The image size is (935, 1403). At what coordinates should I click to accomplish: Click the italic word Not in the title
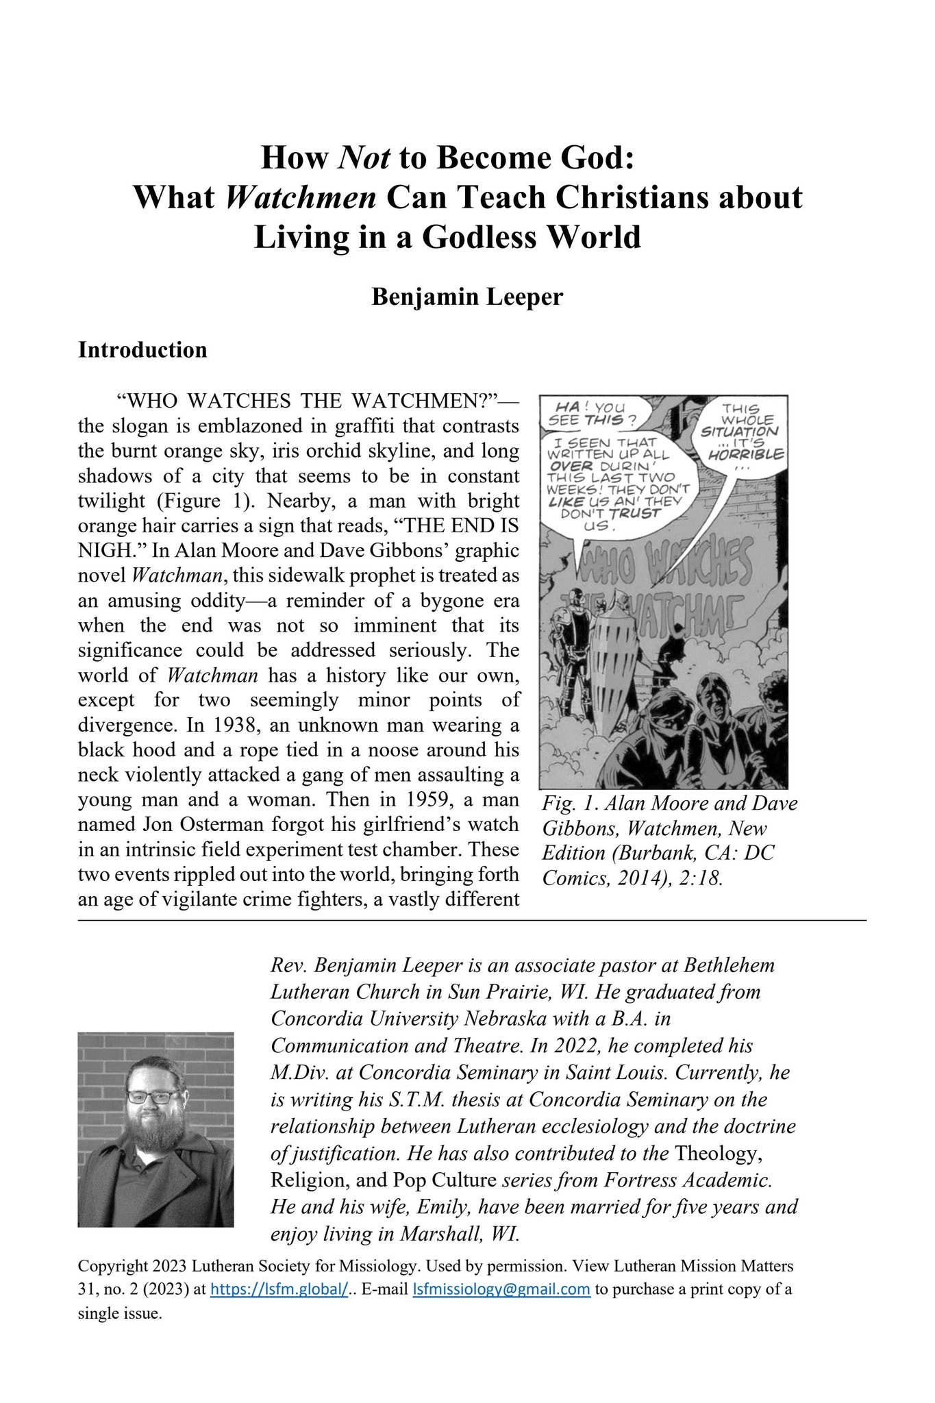click(364, 158)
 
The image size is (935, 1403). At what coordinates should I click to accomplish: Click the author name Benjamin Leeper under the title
click(467, 297)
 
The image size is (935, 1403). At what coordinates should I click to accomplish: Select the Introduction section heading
click(142, 349)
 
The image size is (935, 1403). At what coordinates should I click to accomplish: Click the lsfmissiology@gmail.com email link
click(501, 1289)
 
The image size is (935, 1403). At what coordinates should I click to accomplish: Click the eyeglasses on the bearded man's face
click(152, 1097)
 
